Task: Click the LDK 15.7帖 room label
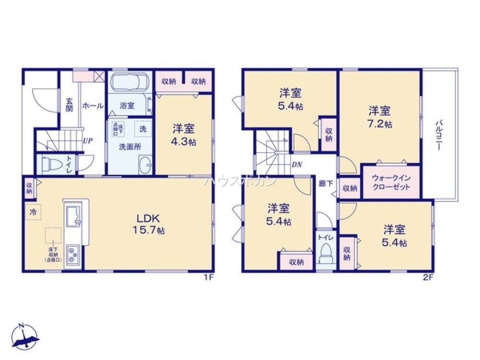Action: (149, 224)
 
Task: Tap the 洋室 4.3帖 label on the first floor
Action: (183, 135)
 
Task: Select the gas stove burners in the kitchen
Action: (73, 254)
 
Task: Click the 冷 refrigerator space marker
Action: (33, 211)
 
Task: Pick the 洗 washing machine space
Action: (143, 129)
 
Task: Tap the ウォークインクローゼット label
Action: (391, 182)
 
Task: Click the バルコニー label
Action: (438, 136)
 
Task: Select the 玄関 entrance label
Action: (69, 105)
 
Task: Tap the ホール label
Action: (93, 105)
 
